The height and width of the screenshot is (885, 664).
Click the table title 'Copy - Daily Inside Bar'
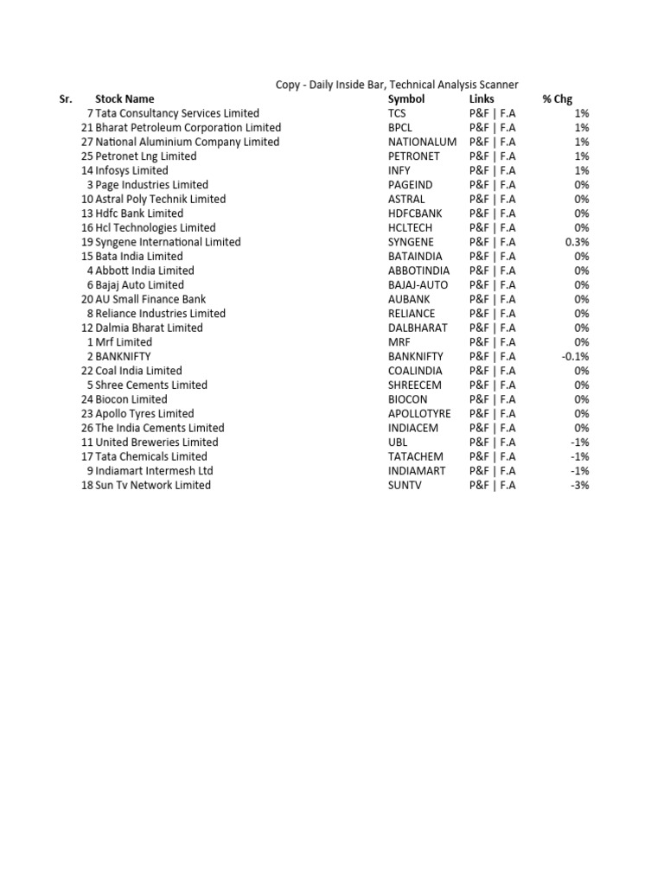397,85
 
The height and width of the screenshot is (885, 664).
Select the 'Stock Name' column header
124,99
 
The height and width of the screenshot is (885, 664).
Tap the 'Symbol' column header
406,99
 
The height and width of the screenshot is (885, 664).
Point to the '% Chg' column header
557,99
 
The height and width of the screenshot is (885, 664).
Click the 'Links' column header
482,99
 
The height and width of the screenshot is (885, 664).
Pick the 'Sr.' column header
65,99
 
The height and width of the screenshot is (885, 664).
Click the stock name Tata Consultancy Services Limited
177,113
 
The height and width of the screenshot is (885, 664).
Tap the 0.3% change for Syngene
578,242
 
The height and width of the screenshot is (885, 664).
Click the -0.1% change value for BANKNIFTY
575,356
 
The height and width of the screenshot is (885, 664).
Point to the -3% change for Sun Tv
580,485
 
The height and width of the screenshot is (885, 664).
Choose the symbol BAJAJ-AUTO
419,284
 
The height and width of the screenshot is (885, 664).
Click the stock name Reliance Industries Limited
161,313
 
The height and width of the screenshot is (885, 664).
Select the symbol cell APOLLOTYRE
419,413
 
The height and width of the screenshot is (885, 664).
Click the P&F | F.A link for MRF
493,342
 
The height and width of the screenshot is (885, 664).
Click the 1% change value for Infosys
581,170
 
